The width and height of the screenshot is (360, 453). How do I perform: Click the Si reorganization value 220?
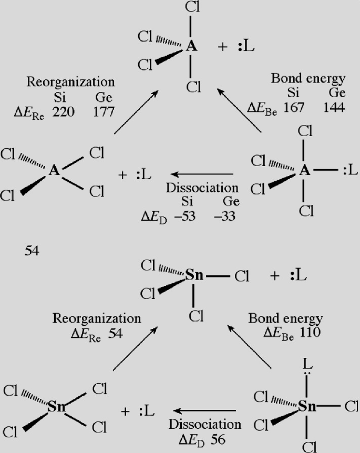click(x=64, y=112)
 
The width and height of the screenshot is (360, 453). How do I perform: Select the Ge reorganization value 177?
click(x=104, y=112)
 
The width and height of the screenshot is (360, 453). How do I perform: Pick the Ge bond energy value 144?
click(x=334, y=108)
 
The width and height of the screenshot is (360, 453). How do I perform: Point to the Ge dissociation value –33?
click(x=227, y=216)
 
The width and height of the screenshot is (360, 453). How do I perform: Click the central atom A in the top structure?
click(x=192, y=47)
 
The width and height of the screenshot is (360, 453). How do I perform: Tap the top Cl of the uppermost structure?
click(x=193, y=8)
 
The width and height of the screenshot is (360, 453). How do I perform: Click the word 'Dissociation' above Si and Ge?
click(x=202, y=188)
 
